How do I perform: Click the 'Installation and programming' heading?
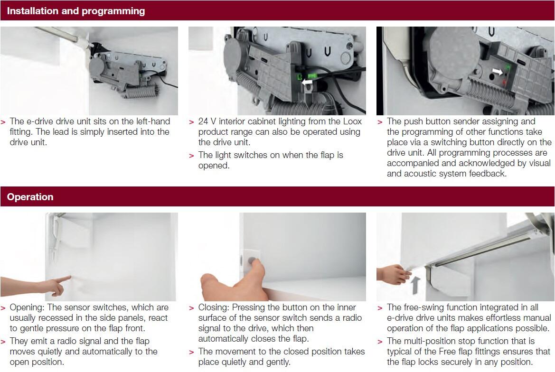tap(76, 10)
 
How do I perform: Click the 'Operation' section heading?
tap(30, 197)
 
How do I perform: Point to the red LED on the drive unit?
tap(504, 83)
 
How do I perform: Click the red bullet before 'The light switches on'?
tap(191, 156)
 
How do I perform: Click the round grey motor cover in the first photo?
tap(98, 62)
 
